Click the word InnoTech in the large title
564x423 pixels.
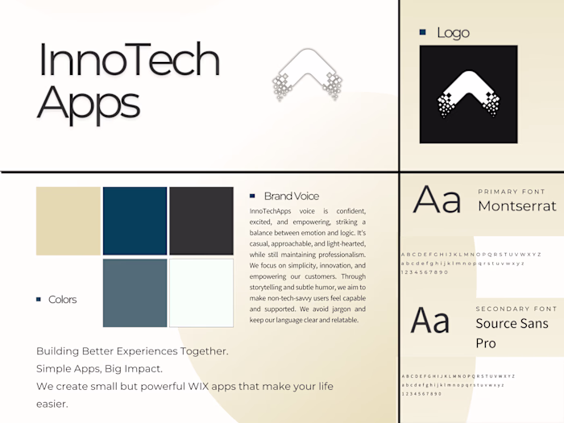click(x=129, y=60)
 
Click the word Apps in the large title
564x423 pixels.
click(x=89, y=103)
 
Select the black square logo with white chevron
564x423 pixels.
click(x=468, y=93)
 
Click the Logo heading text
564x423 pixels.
click(x=453, y=33)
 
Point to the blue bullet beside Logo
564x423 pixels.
click(x=422, y=32)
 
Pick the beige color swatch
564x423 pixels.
click(x=68, y=221)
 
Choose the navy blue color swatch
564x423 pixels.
click(x=135, y=221)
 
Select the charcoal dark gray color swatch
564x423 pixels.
click(x=201, y=221)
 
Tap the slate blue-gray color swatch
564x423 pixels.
click(x=135, y=292)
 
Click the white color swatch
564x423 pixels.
click(x=201, y=292)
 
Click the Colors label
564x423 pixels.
click(x=63, y=300)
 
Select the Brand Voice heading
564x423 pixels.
click(x=291, y=196)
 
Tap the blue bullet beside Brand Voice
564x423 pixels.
click(x=252, y=196)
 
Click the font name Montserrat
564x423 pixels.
click(x=516, y=206)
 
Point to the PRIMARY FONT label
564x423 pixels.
click(x=512, y=192)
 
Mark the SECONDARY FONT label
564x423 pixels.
click(x=516, y=309)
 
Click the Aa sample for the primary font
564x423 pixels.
click(x=436, y=200)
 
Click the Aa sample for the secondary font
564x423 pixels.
click(x=430, y=320)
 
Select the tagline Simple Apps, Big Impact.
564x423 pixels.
click(x=99, y=369)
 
